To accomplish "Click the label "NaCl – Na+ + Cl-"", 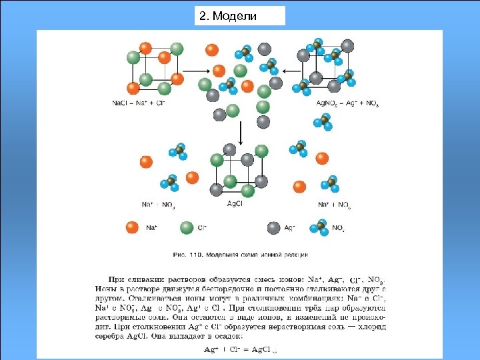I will click(x=139, y=103).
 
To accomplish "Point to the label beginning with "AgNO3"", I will click(x=347, y=103).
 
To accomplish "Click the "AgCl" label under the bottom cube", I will click(x=235, y=204).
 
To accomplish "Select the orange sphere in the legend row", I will click(x=132, y=228).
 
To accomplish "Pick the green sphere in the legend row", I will click(x=186, y=228).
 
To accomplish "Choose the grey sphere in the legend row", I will click(x=273, y=228).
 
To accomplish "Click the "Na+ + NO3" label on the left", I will click(x=159, y=204).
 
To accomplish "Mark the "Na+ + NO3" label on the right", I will click(x=334, y=204).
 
